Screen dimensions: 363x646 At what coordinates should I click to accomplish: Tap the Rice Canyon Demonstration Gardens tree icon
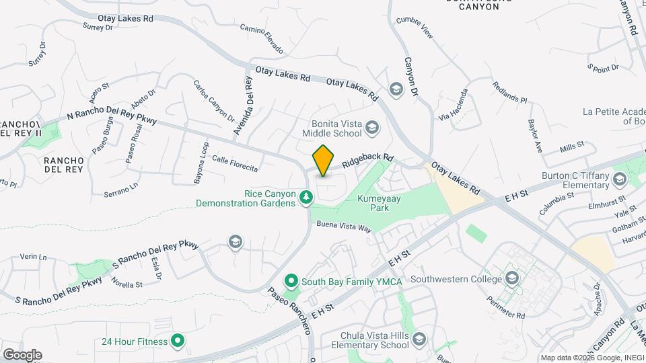[x=306, y=197]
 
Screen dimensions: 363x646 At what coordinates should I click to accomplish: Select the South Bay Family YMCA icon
[x=291, y=281]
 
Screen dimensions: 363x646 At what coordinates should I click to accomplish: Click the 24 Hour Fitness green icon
[x=178, y=341]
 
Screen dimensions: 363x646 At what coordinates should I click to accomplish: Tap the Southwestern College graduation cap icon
[x=513, y=279]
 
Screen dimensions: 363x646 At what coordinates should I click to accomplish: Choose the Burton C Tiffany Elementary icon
[x=619, y=179]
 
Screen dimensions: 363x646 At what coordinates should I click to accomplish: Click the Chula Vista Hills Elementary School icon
[x=420, y=339]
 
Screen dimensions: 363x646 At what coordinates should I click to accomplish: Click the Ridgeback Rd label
[x=367, y=161]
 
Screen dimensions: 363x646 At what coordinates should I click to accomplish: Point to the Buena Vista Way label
[x=345, y=227]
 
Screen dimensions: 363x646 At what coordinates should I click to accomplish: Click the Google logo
[x=22, y=354]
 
